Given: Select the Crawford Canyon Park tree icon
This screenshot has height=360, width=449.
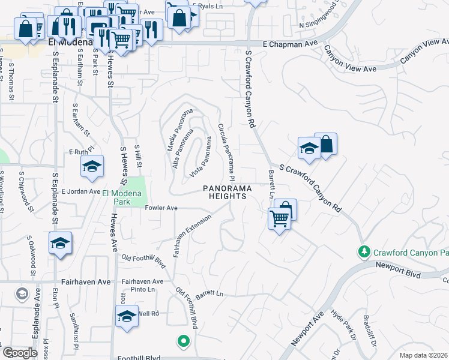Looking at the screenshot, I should click(x=363, y=250).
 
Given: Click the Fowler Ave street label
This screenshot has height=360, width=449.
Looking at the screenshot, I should click(x=162, y=208).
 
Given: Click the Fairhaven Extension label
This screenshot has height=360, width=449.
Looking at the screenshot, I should click(x=193, y=236).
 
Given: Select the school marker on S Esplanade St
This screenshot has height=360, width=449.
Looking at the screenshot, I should click(x=60, y=243).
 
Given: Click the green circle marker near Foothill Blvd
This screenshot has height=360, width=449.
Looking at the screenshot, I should click(x=184, y=341).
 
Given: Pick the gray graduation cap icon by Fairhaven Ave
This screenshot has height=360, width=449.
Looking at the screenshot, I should click(x=22, y=293).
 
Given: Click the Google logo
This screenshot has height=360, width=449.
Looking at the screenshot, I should click(x=20, y=353).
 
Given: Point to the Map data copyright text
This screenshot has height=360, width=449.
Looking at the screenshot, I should click(x=424, y=355).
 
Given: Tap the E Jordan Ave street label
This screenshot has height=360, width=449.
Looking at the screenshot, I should click(x=80, y=191).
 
